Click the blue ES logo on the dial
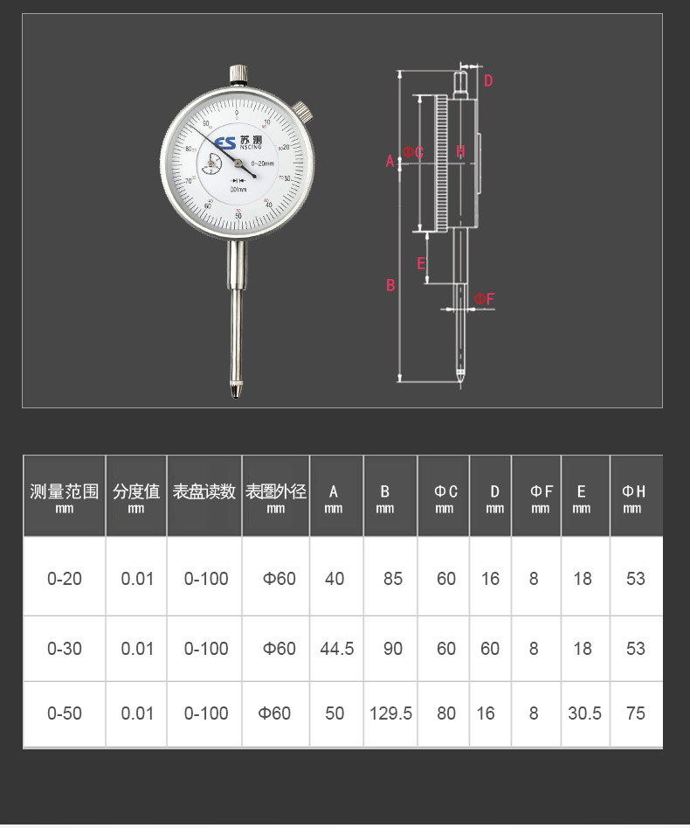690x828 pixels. coord(224,143)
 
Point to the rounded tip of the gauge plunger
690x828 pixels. coord(236,395)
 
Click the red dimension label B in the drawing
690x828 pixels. coord(390,285)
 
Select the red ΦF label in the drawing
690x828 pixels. coord(485,299)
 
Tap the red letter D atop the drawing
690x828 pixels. coord(488,81)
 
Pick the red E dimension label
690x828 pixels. coord(421,263)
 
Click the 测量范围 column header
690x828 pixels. coord(65,495)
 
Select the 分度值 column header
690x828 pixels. coord(136,495)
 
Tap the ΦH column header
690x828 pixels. coord(634,496)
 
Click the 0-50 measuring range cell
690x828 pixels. coord(65,713)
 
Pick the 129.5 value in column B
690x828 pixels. coord(390,713)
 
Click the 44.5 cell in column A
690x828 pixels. coord(336,649)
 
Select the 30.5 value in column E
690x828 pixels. coord(584,713)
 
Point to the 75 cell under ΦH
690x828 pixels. coord(635,713)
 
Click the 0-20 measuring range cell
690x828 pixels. coord(65,579)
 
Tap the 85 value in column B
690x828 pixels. coord(392,579)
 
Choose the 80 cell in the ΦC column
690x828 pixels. coord(446,713)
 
